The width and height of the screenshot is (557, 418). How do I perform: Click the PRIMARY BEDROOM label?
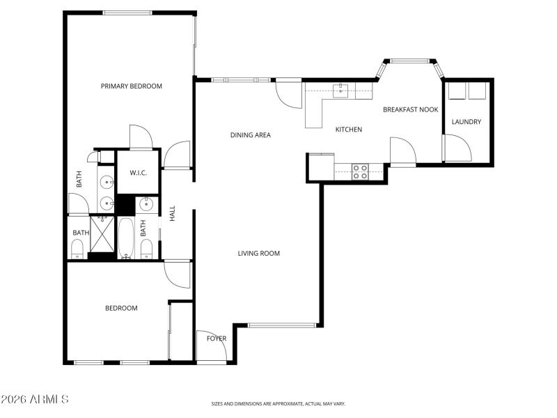point(131,86)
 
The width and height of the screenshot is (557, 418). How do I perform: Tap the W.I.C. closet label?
point(137,172)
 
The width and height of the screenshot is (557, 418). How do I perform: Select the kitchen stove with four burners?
point(360,171)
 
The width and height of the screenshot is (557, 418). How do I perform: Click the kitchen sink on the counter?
point(341,91)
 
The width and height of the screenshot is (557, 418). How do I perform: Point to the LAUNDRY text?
point(466,122)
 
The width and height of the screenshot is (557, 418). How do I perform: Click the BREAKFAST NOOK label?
point(410,109)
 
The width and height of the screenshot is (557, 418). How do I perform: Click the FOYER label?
point(217,339)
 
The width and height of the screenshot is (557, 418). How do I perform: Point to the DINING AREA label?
point(250,135)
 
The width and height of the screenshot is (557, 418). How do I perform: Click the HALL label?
point(173,213)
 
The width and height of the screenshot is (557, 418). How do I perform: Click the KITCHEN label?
point(349,130)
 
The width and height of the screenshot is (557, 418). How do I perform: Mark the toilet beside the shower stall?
point(78,247)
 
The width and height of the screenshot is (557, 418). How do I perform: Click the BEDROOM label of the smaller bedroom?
point(121,308)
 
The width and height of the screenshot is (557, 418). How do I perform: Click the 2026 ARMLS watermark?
point(35,399)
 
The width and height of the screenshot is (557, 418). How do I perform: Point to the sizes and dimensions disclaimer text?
point(278,403)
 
